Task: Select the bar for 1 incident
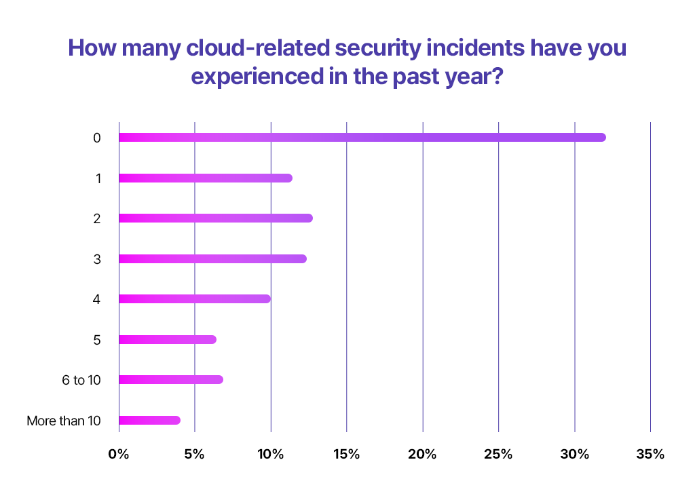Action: [206, 178]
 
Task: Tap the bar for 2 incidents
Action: [216, 218]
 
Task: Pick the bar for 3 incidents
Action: [212, 259]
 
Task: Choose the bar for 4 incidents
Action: [195, 299]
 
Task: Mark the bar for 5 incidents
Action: [168, 339]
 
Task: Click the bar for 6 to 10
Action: [171, 380]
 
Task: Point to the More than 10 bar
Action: [149, 421]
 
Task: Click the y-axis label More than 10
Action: [64, 421]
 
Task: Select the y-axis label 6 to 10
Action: [81, 381]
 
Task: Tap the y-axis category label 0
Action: [97, 138]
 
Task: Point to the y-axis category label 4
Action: [97, 300]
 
